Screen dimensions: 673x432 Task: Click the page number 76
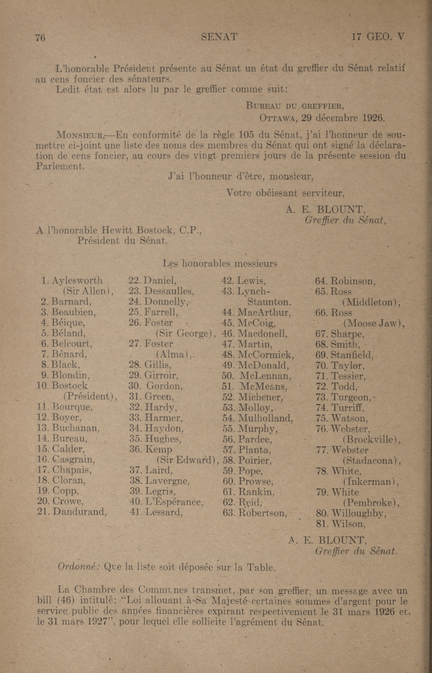pyautogui.click(x=40, y=38)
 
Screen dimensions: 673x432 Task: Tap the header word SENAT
pyautogui.click(x=219, y=37)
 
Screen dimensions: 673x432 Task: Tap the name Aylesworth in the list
pyautogui.click(x=77, y=280)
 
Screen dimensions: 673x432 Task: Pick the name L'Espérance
pyautogui.click(x=174, y=502)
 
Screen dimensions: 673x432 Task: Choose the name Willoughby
pyautogui.click(x=359, y=514)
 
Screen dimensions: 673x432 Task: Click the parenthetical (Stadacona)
pyautogui.click(x=371, y=461)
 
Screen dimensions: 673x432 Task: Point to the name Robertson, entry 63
pyautogui.click(x=263, y=513)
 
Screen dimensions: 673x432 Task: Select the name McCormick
pyautogui.click(x=266, y=355)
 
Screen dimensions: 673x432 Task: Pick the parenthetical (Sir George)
pyautogui.click(x=185, y=334)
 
